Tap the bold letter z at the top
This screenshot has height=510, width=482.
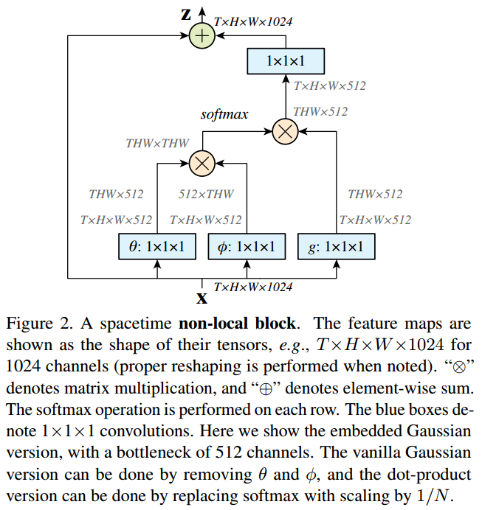click(x=187, y=14)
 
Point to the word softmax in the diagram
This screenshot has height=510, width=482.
click(x=224, y=115)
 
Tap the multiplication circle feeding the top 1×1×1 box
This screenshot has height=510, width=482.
click(x=285, y=132)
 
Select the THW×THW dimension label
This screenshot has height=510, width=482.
click(x=157, y=143)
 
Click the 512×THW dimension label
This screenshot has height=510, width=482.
click(x=206, y=195)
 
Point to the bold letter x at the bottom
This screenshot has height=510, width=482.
click(x=201, y=298)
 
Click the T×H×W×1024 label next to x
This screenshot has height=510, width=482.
click(x=252, y=287)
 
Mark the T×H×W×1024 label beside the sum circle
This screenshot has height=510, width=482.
click(x=253, y=22)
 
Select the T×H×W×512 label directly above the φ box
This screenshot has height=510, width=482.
click(x=205, y=220)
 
